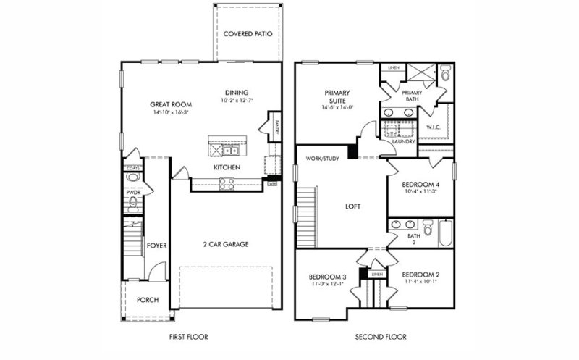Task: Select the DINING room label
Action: coord(237,92)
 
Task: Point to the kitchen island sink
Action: coord(230,151)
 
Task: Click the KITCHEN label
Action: coord(227,168)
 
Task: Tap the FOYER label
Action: coord(157,246)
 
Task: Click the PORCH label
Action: coord(148,300)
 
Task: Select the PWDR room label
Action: coord(133,193)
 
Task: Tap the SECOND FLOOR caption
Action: coord(380,337)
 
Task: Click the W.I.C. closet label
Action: coord(434,127)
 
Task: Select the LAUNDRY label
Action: coord(403,142)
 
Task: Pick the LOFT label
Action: coord(352,206)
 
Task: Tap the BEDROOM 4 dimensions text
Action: coord(420,192)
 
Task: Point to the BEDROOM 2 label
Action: coord(421,275)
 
